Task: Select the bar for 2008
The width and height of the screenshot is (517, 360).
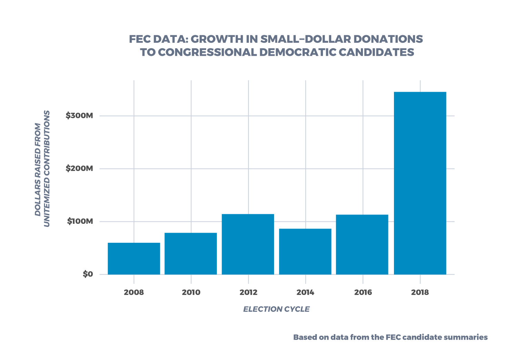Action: pyautogui.click(x=134, y=259)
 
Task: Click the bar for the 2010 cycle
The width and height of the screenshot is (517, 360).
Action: pyautogui.click(x=191, y=254)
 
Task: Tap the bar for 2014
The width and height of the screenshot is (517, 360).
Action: pyautogui.click(x=305, y=252)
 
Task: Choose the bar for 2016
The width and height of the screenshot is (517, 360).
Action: pyautogui.click(x=362, y=244)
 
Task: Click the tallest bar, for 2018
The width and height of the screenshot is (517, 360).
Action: pyautogui.click(x=420, y=183)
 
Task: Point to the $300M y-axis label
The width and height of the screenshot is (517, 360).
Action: pyautogui.click(x=79, y=116)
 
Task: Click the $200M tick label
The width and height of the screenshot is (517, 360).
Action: pyautogui.click(x=79, y=169)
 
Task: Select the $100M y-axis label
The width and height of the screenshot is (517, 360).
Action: pyautogui.click(x=80, y=221)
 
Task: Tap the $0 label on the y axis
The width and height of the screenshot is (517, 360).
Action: pyautogui.click(x=88, y=274)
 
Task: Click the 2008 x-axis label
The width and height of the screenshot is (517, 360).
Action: pyautogui.click(x=134, y=293)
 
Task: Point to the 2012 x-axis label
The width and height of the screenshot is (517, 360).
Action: pyautogui.click(x=248, y=293)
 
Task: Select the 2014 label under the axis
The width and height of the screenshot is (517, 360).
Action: pyautogui.click(x=305, y=293)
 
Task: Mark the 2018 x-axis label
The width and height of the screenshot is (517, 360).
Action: pyautogui.click(x=420, y=293)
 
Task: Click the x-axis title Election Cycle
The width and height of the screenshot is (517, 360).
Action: pyautogui.click(x=276, y=309)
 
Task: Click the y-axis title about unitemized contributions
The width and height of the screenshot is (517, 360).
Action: pyautogui.click(x=42, y=169)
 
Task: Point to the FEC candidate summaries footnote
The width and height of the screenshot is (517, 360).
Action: pyautogui.click(x=390, y=337)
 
